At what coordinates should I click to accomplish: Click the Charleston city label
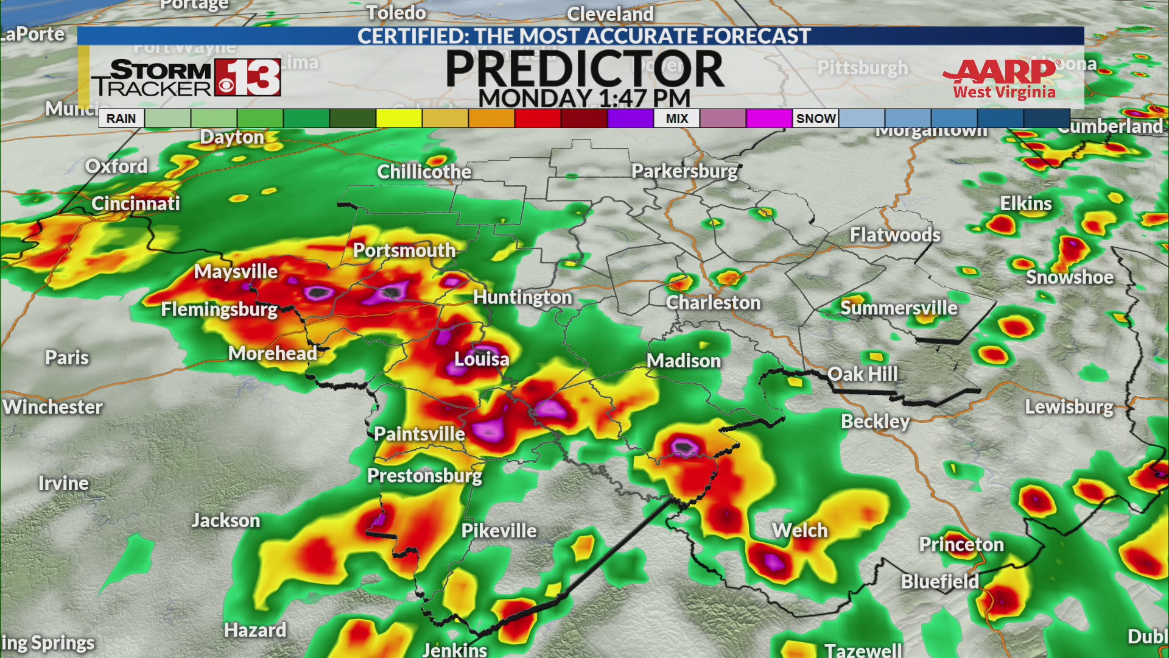pos(713,303)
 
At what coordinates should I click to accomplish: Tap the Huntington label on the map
pos(522,297)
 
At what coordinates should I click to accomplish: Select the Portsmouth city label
pos(404,250)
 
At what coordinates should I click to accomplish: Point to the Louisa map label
pos(482,359)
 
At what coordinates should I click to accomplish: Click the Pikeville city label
pos(499,531)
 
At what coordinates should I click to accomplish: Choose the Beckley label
pos(875,421)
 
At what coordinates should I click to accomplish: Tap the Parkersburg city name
pos(684,171)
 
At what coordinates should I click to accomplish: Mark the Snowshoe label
pos(1070,277)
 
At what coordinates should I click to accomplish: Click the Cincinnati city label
pos(136,203)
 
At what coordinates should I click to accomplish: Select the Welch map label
pos(799,530)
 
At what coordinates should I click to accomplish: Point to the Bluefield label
pos(939,581)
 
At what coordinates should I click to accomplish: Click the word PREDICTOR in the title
pos(584,68)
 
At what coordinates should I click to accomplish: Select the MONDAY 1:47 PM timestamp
pos(584,98)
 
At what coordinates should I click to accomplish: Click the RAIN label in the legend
pos(121,118)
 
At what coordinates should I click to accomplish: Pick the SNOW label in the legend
pos(816,118)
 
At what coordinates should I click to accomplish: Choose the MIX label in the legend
pos(676,118)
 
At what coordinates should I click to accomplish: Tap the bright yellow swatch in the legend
pos(399,118)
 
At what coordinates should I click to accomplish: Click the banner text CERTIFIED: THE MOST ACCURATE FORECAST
pos(583,36)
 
